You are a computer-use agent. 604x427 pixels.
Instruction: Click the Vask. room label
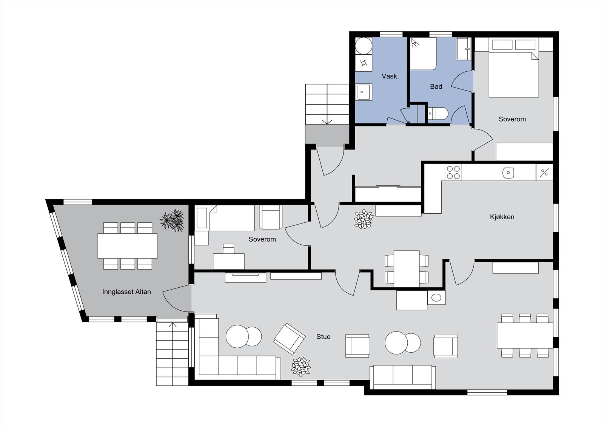tap(390, 76)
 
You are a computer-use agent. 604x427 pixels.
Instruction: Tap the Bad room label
tap(436, 86)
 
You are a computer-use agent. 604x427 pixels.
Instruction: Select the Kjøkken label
tap(502, 217)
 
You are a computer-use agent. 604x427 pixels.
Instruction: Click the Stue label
tap(324, 336)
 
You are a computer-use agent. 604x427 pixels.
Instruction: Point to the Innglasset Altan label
tap(126, 292)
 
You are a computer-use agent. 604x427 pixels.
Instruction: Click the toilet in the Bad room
tap(438, 113)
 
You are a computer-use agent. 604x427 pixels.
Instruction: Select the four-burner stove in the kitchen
tap(453, 172)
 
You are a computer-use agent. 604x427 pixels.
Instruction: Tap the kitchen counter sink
tap(508, 173)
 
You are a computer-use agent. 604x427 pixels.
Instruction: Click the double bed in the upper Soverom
tap(513, 74)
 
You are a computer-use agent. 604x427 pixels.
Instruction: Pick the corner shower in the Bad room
tap(423, 54)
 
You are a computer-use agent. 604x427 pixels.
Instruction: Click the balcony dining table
tap(128, 246)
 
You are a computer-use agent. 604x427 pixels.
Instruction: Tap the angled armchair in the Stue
tap(290, 338)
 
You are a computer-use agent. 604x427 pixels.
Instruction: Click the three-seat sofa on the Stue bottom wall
tap(402, 377)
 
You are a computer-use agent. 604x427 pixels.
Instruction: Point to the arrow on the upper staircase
tap(327, 121)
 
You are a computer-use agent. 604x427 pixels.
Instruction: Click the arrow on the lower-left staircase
tap(173, 325)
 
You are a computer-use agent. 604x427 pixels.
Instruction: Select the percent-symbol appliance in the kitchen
tap(544, 173)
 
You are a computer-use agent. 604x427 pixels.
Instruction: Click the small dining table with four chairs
tap(407, 268)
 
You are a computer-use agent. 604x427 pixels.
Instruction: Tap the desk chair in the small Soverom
tap(228, 248)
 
